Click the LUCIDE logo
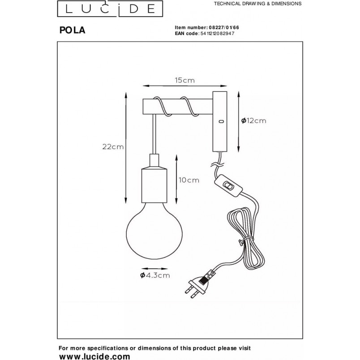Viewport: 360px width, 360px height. [x=110, y=9]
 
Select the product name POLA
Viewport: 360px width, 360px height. [x=73, y=30]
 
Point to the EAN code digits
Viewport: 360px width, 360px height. [x=217, y=34]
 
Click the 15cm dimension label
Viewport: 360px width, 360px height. [x=185, y=80]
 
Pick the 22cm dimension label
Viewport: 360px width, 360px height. [x=113, y=147]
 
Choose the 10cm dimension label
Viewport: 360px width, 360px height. [x=189, y=180]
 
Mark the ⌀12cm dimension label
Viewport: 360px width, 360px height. [x=254, y=120]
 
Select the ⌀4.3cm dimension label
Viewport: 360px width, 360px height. [x=155, y=275]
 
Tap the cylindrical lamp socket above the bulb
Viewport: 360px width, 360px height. [x=154, y=185]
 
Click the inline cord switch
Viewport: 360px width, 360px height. [x=228, y=185]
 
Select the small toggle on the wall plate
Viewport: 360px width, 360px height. [x=221, y=121]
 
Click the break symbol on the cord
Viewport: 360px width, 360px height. [x=217, y=164]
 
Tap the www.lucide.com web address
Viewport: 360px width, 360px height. [x=94, y=356]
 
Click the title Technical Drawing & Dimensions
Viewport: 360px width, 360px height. [x=257, y=4]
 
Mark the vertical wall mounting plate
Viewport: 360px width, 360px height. [x=220, y=121]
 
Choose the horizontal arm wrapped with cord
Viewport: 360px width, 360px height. [x=177, y=107]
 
